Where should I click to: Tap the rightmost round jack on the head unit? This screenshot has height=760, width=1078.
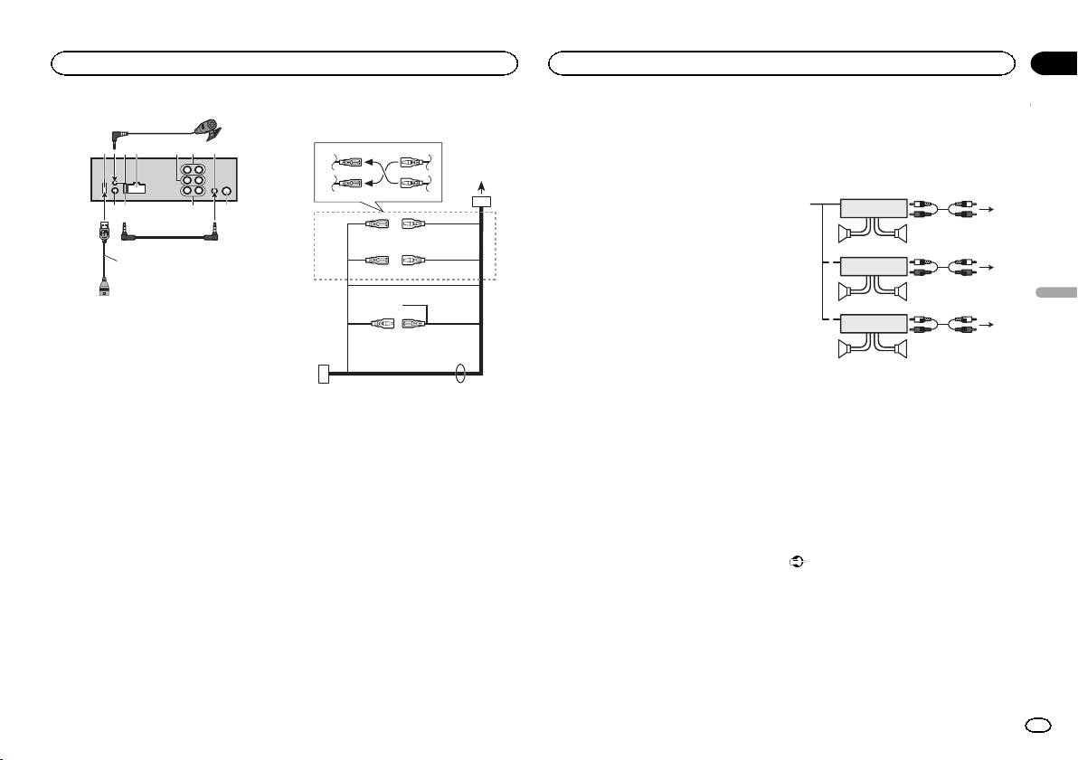click(x=227, y=192)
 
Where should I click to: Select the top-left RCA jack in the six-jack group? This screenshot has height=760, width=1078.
click(x=185, y=168)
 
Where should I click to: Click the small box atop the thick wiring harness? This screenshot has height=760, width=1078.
click(x=482, y=202)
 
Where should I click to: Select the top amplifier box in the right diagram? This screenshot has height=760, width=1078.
click(x=874, y=207)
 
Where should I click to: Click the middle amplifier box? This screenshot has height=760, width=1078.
click(x=874, y=267)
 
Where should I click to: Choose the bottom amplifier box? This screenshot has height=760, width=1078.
click(x=874, y=325)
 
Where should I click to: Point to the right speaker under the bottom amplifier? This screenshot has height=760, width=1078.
click(x=897, y=352)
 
